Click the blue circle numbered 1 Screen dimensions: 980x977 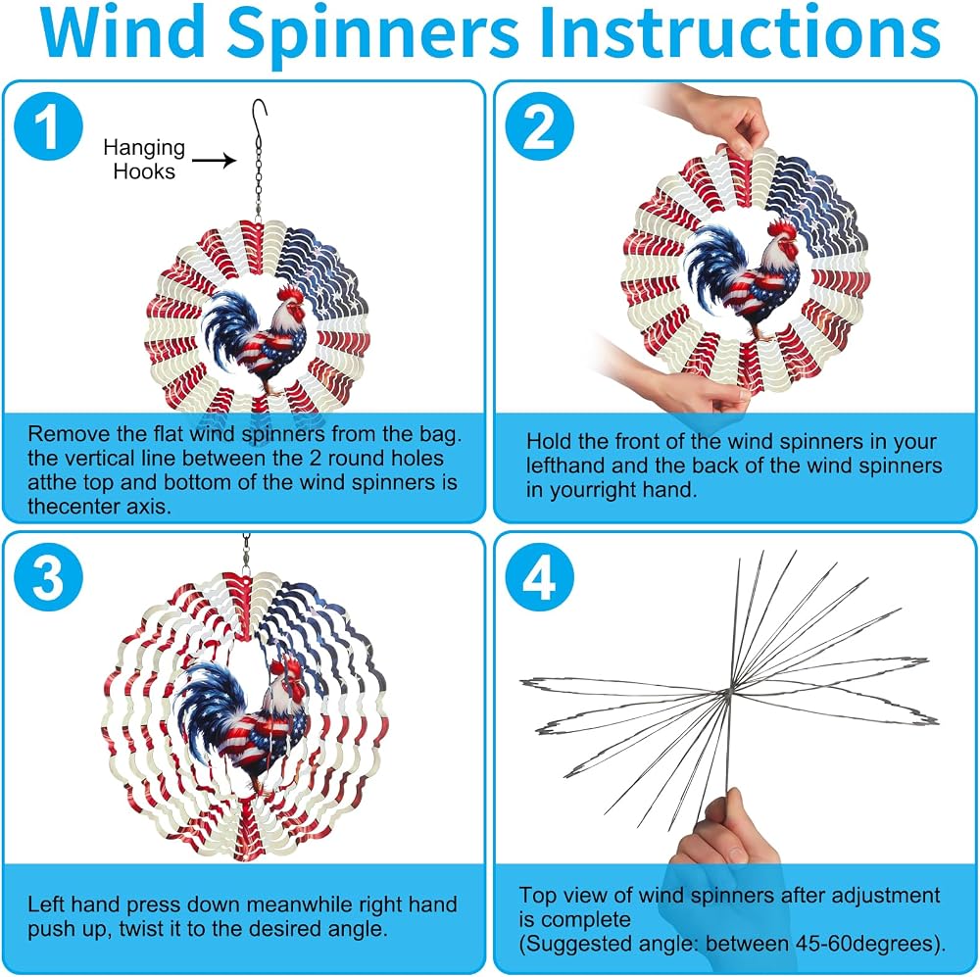(48, 125)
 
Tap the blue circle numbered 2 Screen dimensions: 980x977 (539, 125)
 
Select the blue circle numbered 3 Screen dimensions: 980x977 (48, 576)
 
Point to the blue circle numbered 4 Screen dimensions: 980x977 (539, 576)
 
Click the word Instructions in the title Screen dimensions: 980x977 (740, 31)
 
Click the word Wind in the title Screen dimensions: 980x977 (123, 31)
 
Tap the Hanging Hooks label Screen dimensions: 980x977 (144, 159)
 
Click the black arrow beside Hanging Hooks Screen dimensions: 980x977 (214, 161)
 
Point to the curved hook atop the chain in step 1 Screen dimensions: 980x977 (259, 114)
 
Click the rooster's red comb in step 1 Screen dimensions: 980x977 (290, 294)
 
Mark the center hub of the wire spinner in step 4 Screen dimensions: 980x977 (728, 691)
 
